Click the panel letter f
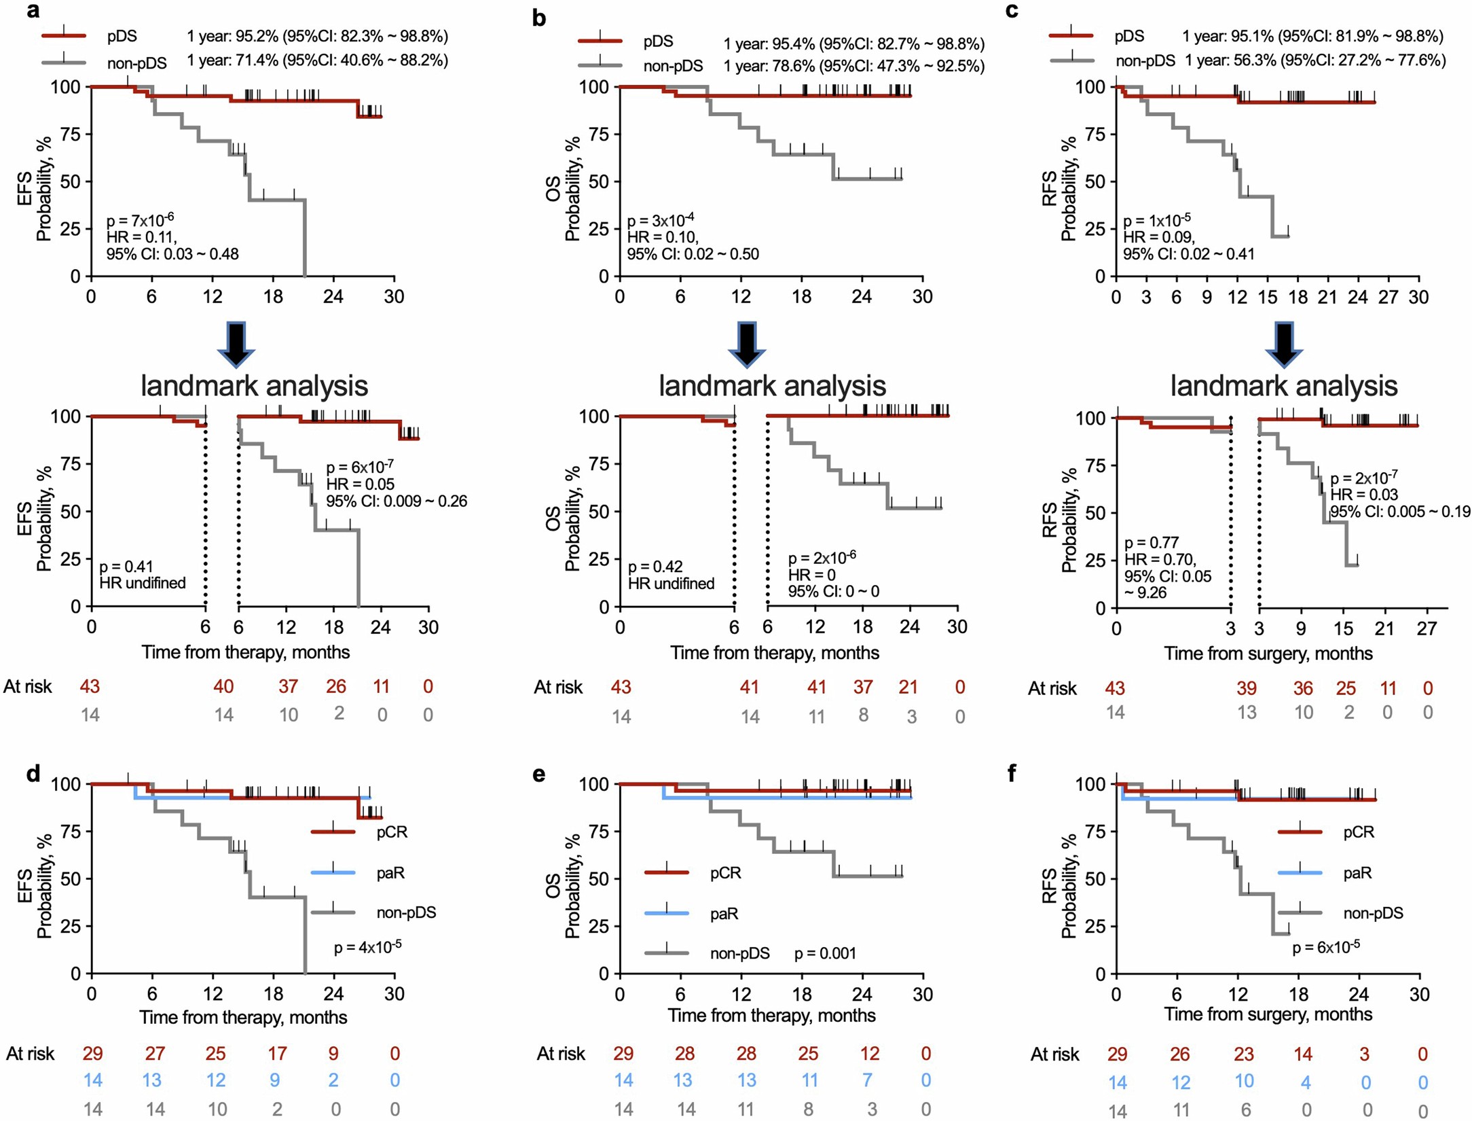tap(1012, 773)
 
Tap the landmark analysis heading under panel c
tap(1283, 386)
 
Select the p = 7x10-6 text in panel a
tap(140, 220)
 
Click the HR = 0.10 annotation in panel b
tap(662, 237)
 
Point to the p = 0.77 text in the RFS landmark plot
tap(1152, 543)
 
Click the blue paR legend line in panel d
tap(333, 872)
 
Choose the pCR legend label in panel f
tap(1359, 832)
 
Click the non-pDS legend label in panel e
tap(739, 954)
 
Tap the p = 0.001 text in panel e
tap(825, 954)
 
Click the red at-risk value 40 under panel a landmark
tap(223, 687)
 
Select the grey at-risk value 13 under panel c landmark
tap(1247, 713)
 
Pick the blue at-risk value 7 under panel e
tap(867, 1081)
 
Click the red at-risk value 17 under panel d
tap(277, 1054)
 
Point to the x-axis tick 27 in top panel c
tap(1388, 298)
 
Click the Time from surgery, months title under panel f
tap(1268, 1014)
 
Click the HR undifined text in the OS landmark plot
tap(671, 584)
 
